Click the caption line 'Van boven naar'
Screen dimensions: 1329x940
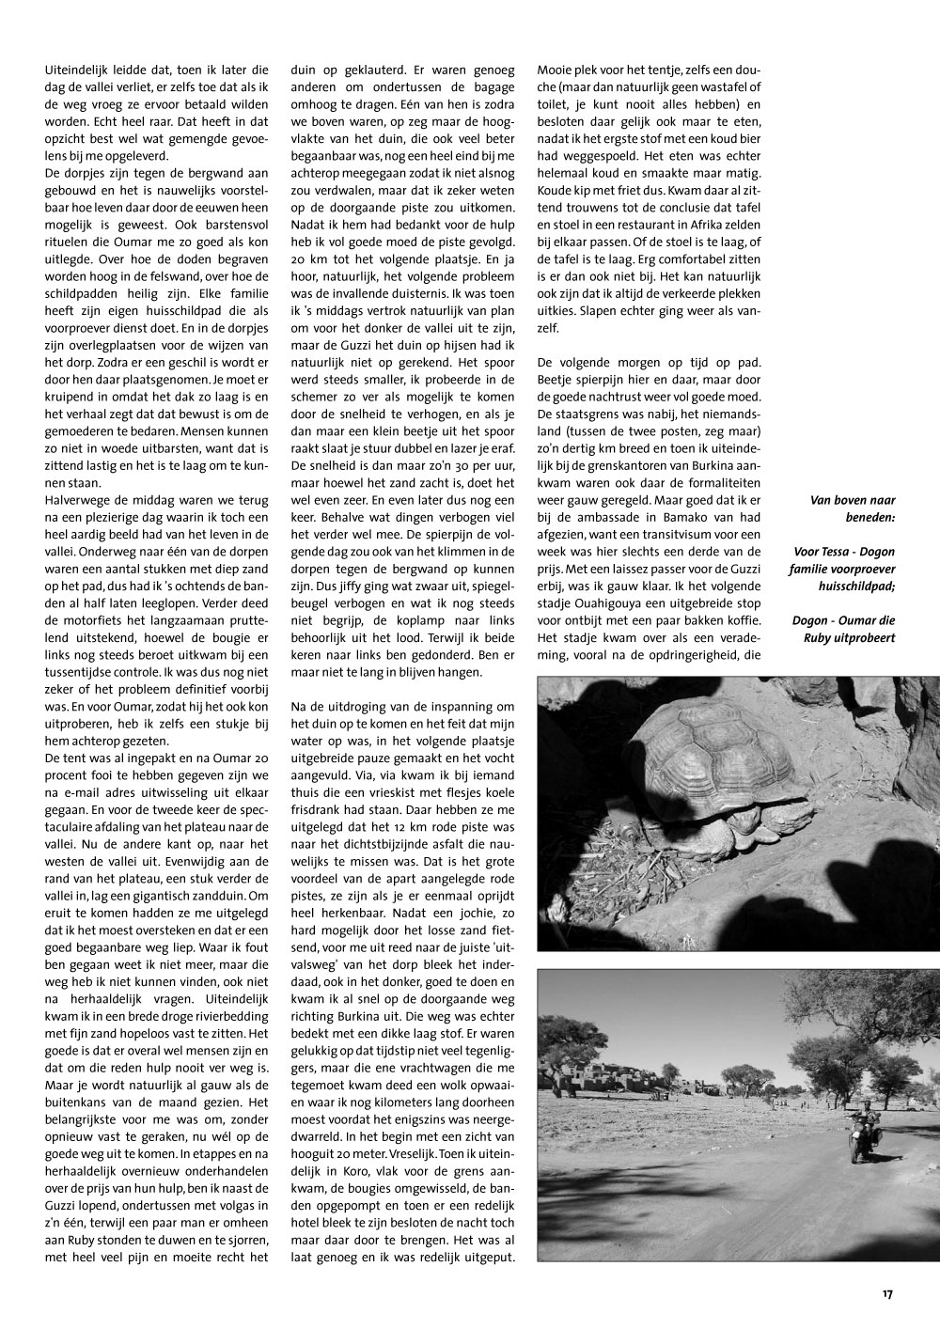pyautogui.click(x=852, y=500)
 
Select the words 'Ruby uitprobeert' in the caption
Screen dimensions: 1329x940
pyautogui.click(x=849, y=639)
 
